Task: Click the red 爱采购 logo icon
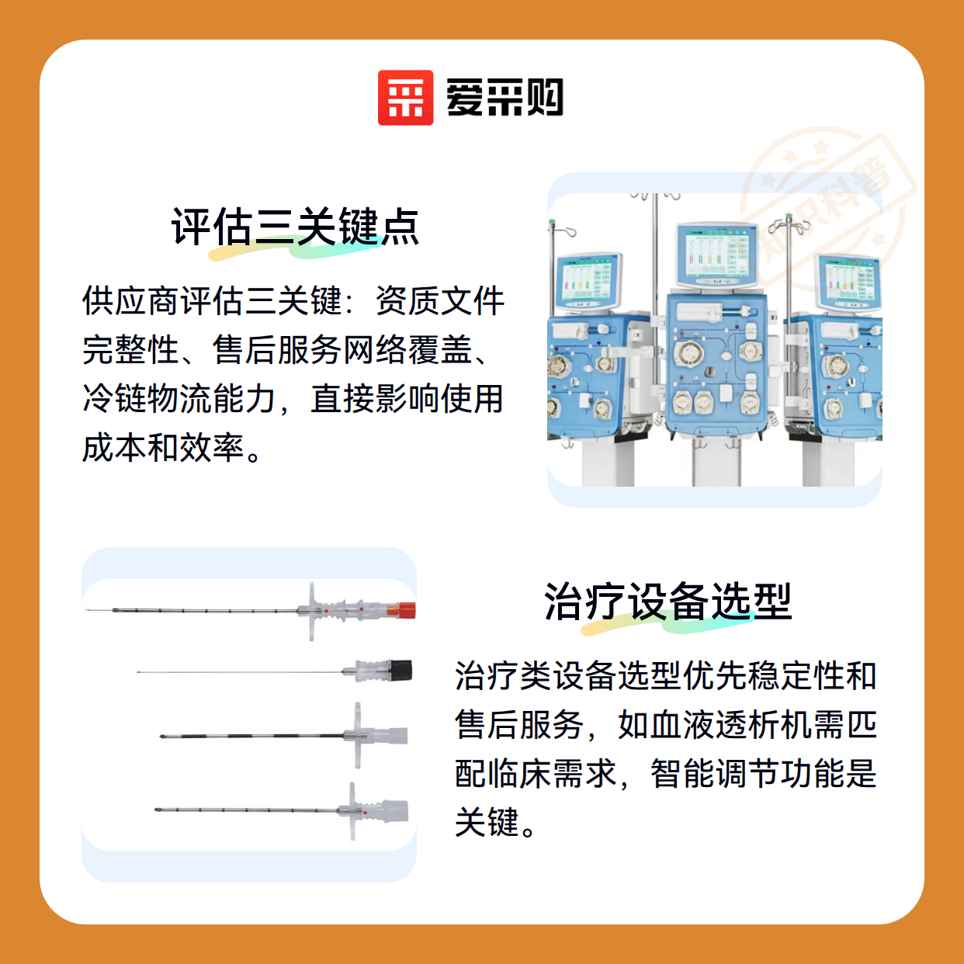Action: coord(405,98)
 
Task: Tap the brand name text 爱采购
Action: coord(505,98)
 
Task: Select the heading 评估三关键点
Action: coord(295,227)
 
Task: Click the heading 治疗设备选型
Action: coord(668,602)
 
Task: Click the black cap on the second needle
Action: coord(401,671)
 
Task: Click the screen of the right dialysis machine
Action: coord(849,284)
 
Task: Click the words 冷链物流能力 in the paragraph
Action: coord(179,399)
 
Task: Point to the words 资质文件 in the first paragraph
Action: coord(440,301)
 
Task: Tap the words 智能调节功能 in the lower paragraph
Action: coord(748,773)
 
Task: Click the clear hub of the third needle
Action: coord(390,735)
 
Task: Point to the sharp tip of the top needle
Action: coord(86,610)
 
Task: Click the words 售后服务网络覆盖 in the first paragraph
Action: coord(342,350)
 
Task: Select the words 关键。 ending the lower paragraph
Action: coord(496,822)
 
